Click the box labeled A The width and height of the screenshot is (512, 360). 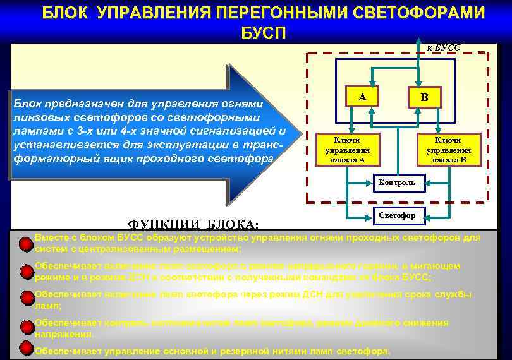362,97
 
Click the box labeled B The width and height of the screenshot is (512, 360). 425,97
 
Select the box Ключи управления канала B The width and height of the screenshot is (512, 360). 448,150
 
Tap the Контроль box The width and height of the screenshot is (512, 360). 398,183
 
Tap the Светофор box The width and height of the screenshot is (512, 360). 398,216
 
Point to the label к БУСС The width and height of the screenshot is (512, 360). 444,47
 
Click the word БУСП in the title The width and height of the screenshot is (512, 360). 264,33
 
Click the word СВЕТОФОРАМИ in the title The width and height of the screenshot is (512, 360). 415,13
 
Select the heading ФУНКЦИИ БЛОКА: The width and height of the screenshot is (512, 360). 193,224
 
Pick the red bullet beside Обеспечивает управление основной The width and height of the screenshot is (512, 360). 26,347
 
